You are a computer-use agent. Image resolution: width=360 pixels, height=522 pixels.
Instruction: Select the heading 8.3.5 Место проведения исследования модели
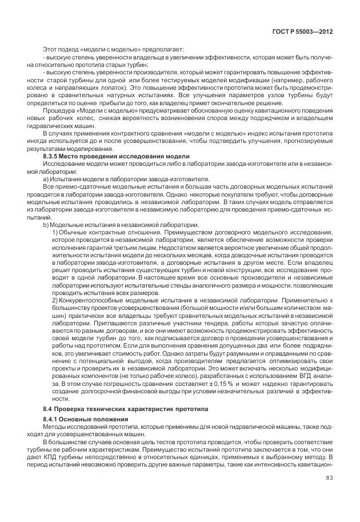tap(116, 156)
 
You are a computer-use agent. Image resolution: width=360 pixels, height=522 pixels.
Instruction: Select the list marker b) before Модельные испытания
tap(46, 225)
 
